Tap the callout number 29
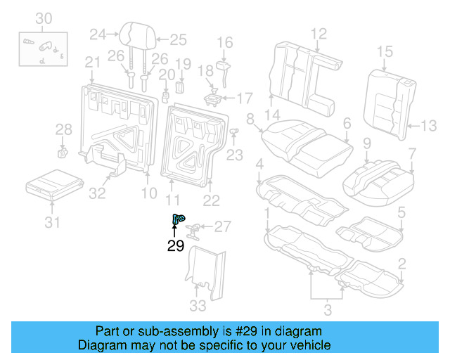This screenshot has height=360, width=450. pyautogui.click(x=175, y=245)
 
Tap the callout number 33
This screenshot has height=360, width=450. pyautogui.click(x=198, y=306)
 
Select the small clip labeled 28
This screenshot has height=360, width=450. pyautogui.click(x=62, y=150)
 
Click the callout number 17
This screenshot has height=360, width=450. pyautogui.click(x=244, y=97)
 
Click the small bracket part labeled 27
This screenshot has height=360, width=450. pyautogui.click(x=197, y=229)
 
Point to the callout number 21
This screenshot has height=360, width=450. pyautogui.click(x=93, y=63)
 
